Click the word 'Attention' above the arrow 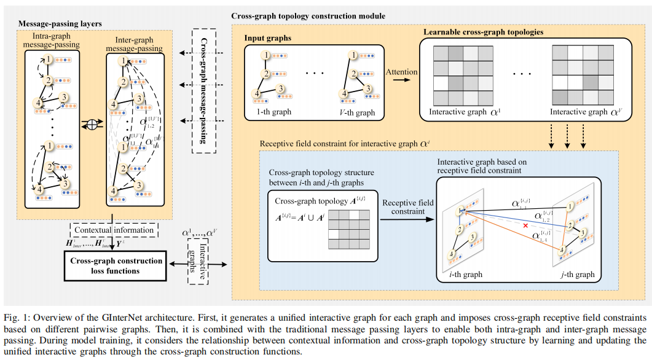401,72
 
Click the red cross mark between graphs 525,227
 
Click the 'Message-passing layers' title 60,23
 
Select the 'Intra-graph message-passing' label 54,42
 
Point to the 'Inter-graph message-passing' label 134,42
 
